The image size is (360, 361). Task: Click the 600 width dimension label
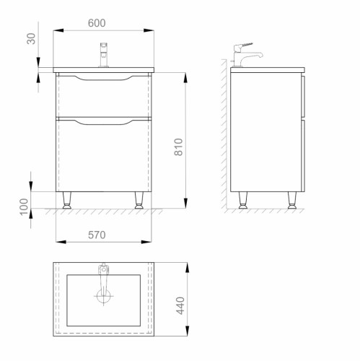click(97, 23)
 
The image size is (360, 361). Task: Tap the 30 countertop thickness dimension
click(31, 38)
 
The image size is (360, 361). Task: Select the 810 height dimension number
click(179, 147)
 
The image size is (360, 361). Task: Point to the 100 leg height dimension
click(24, 206)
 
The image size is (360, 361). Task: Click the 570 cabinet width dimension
click(97, 235)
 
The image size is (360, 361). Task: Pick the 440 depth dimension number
click(180, 305)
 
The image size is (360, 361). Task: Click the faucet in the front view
click(104, 55)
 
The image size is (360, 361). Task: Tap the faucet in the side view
click(247, 54)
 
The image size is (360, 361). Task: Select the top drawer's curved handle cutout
click(104, 78)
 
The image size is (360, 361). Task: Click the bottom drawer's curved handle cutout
click(104, 122)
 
